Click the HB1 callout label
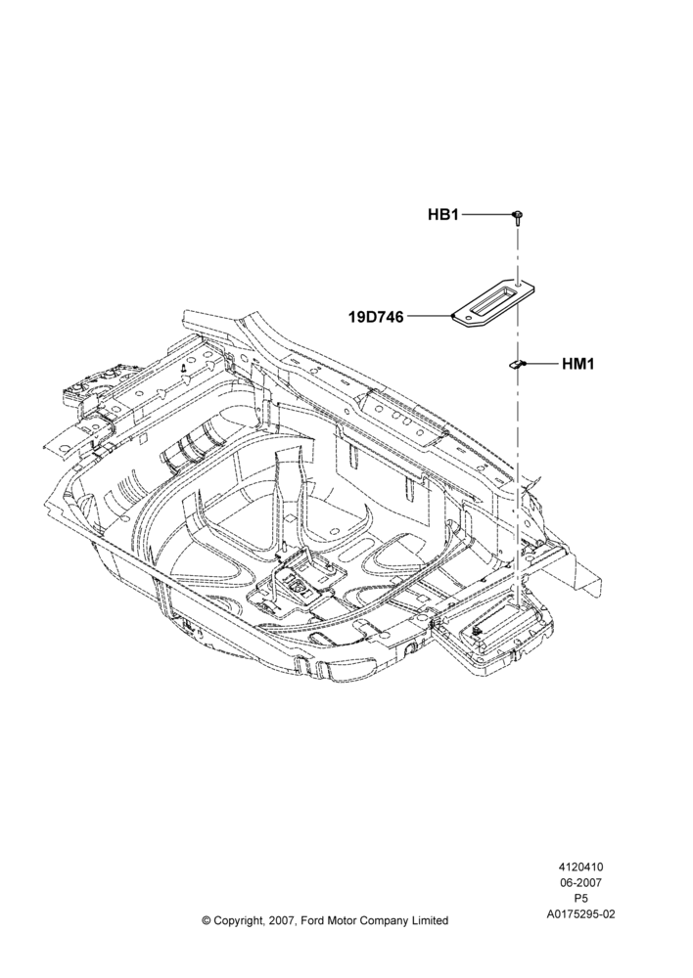tap(442, 214)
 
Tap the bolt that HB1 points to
tap(518, 218)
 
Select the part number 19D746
tap(376, 317)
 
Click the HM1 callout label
tap(578, 364)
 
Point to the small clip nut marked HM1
tap(515, 364)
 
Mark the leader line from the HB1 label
tap(486, 214)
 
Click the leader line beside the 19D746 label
tap(429, 317)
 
